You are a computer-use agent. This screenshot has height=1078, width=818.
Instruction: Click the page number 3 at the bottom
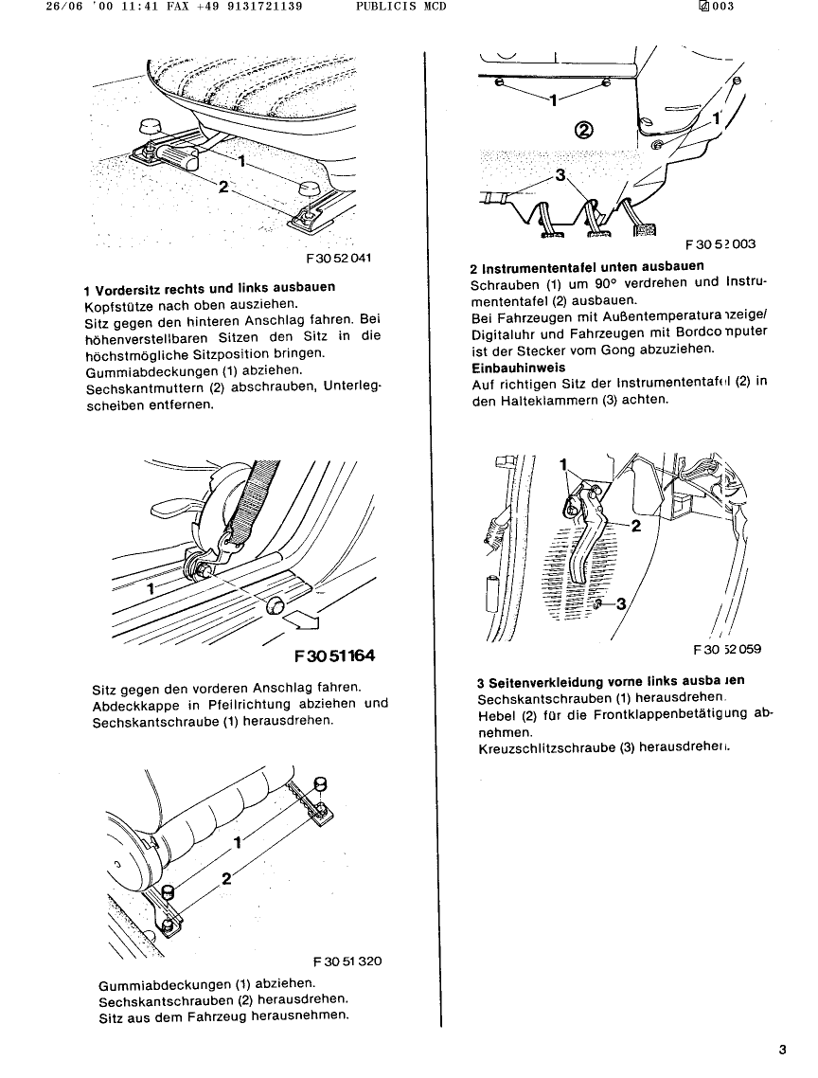pyautogui.click(x=782, y=1049)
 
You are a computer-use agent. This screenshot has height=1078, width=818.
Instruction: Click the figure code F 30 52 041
pyautogui.click(x=338, y=257)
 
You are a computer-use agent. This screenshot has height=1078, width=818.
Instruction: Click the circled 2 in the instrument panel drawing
pyautogui.click(x=584, y=130)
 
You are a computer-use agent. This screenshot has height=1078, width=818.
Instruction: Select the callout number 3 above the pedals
pyautogui.click(x=560, y=174)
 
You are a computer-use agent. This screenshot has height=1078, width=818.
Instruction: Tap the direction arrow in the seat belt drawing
pyautogui.click(x=304, y=621)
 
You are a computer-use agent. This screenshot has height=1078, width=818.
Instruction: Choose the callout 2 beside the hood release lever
pyautogui.click(x=635, y=527)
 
